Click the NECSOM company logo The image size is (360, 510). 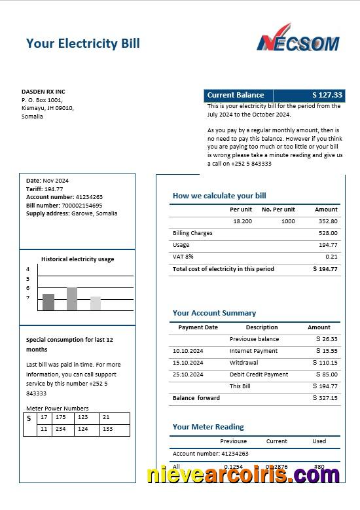tap(298, 39)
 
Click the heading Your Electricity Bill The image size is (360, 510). tap(82, 44)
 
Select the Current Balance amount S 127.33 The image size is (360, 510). tap(327, 95)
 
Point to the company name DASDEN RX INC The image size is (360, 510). tap(43, 91)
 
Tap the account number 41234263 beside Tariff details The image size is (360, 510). tap(89, 197)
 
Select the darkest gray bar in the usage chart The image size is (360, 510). tap(48, 302)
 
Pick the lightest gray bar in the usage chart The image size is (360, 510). tap(96, 303)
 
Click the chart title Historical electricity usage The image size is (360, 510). tap(77, 259)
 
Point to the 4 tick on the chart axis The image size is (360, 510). tap(28, 269)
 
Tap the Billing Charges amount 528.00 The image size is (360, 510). tap(328, 233)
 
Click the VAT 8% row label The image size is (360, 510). tap(183, 257)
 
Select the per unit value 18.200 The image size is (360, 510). tap(242, 221)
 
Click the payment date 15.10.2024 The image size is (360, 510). tap(188, 363)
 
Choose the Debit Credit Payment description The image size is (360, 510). tap(259, 374)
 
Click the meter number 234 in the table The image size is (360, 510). tap(61, 429)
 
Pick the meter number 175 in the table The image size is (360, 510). tap(61, 417)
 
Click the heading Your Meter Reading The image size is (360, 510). tap(208, 427)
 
